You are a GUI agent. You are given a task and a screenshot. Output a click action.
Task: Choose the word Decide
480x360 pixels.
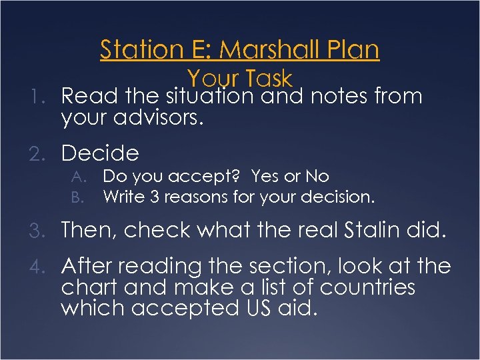pyautogui.click(x=100, y=154)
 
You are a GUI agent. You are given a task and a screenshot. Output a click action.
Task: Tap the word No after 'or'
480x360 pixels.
pyautogui.click(x=317, y=176)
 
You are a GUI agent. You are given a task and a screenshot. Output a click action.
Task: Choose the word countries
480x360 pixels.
pyautogui.click(x=367, y=288)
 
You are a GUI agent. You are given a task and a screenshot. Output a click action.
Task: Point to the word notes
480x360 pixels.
pyautogui.click(x=339, y=97)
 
